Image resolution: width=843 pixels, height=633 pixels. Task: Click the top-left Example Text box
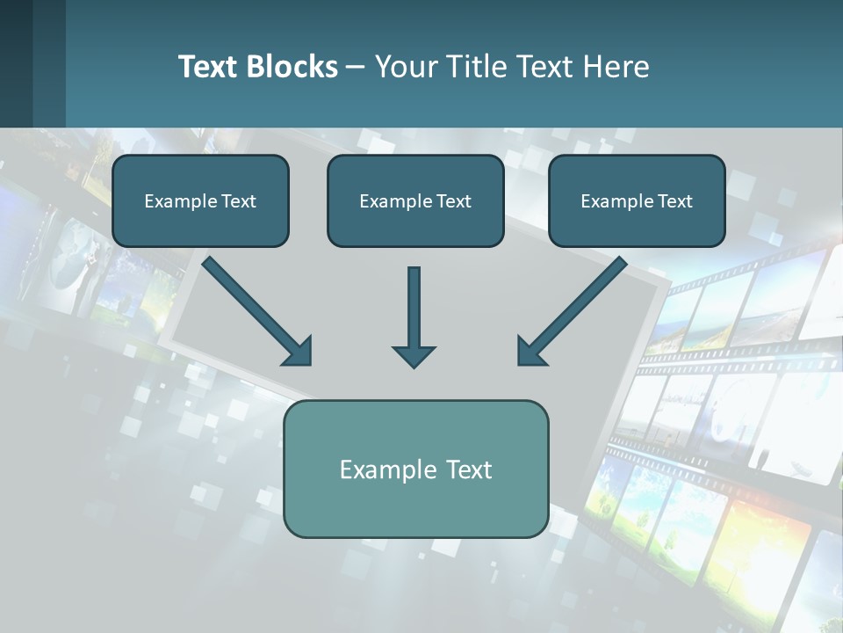pos(200,200)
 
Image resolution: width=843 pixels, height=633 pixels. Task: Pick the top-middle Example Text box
pos(415,200)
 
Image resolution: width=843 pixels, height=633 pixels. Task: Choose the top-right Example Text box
pos(637,200)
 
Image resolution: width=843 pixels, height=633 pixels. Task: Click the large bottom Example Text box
pos(415,469)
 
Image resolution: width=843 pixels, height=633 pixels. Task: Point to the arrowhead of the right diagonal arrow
pos(531,350)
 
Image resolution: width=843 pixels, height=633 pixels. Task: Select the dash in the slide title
pos(356,67)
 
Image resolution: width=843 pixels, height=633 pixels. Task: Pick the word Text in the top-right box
pos(674,200)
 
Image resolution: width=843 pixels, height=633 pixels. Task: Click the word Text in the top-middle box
pos(452,200)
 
